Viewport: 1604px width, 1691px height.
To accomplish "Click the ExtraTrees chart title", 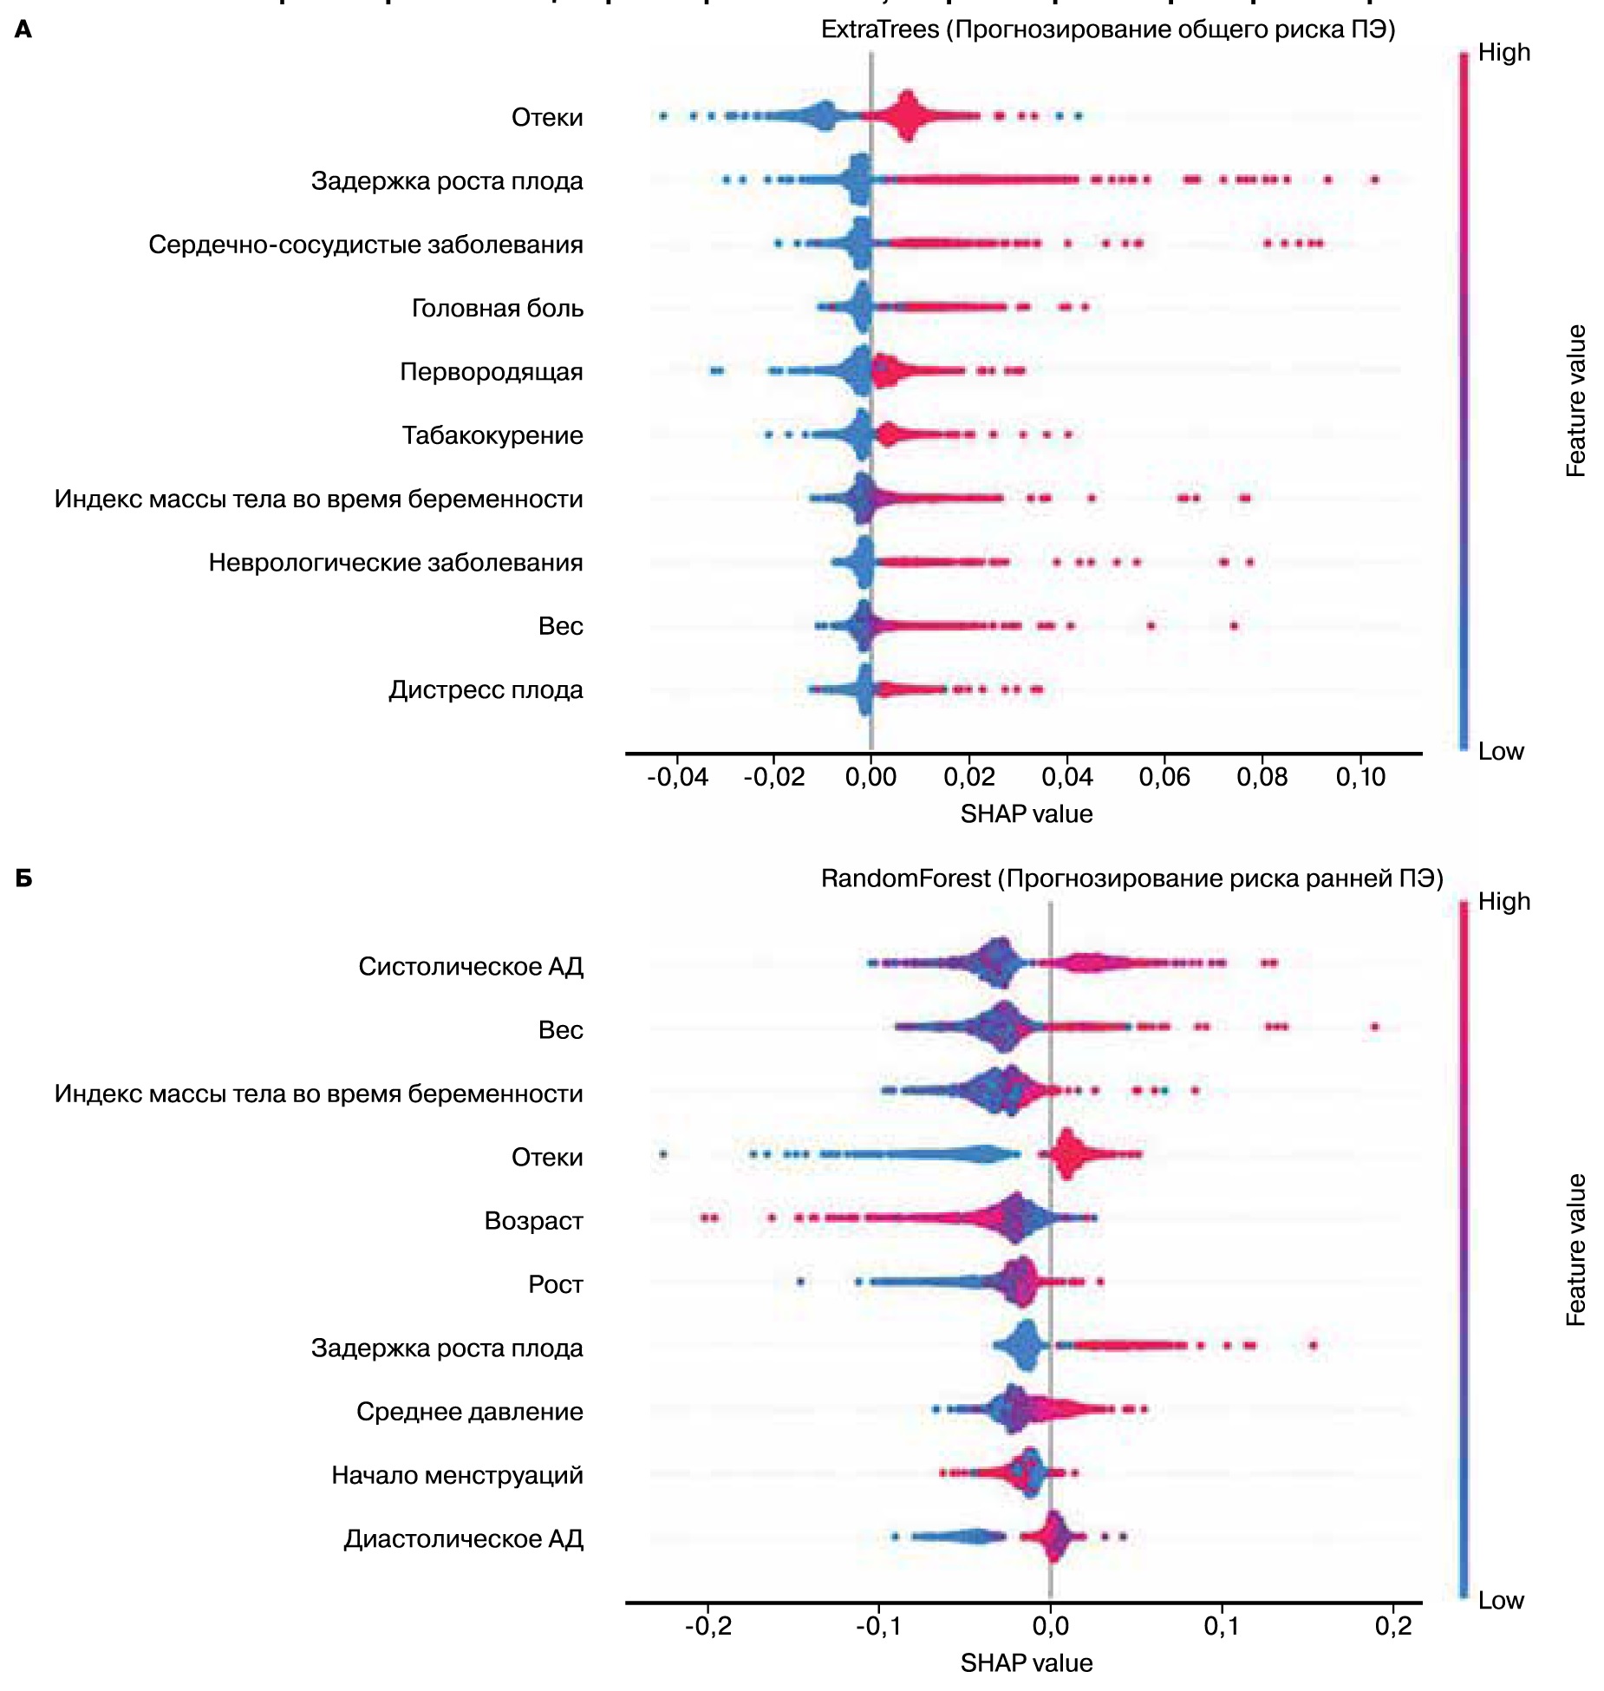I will pyautogui.click(x=1107, y=29).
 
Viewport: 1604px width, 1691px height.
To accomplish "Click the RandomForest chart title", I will pyautogui.click(x=1131, y=878).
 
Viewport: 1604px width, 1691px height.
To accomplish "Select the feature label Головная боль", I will pyautogui.click(x=497, y=308).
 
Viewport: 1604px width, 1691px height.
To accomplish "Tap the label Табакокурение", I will pyautogui.click(x=492, y=435).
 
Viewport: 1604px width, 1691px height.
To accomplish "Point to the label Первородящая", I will pyautogui.click(x=491, y=372).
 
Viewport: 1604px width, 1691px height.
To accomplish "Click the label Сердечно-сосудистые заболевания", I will pyautogui.click(x=365, y=245).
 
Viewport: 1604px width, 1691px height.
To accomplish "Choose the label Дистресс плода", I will pyautogui.click(x=486, y=690).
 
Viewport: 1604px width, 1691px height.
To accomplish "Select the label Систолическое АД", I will pyautogui.click(x=471, y=966).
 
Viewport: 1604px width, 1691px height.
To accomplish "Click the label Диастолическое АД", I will pyautogui.click(x=463, y=1539).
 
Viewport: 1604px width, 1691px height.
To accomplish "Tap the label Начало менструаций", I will pyautogui.click(x=457, y=1475).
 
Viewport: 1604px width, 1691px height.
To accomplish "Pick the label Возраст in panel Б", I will pyautogui.click(x=533, y=1221).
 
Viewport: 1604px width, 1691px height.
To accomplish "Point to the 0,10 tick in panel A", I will pyautogui.click(x=1360, y=777).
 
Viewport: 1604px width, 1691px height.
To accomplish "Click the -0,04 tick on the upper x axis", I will pyautogui.click(x=677, y=777).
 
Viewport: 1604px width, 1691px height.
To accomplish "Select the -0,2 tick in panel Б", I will pyautogui.click(x=707, y=1626).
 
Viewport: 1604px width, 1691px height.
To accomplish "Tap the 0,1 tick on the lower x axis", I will pyautogui.click(x=1222, y=1626).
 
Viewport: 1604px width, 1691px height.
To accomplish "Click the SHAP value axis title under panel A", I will pyautogui.click(x=1026, y=814).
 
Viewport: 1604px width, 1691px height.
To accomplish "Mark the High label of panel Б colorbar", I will pyautogui.click(x=1503, y=902).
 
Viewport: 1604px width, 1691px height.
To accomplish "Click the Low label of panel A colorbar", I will pyautogui.click(x=1501, y=751).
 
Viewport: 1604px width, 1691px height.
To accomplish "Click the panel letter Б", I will pyautogui.click(x=24, y=878).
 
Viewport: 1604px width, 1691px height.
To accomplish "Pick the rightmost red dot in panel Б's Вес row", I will pyautogui.click(x=1374, y=1027).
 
